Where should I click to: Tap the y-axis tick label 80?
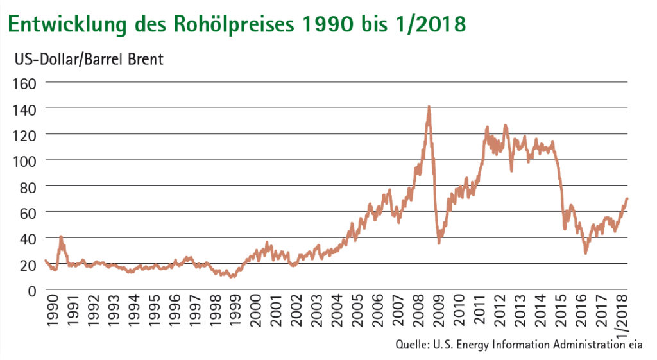coord(30,186)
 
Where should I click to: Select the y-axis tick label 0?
coord(33,289)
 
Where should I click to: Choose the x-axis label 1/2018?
coord(620,315)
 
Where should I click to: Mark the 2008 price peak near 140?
coord(429,107)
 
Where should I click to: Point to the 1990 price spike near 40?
coord(61,237)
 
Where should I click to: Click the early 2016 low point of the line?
coord(585,253)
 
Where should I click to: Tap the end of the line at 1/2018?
coord(627,198)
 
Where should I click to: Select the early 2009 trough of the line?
coord(439,243)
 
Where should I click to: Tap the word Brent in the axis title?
coord(144,60)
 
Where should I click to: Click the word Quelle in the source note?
coord(412,345)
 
